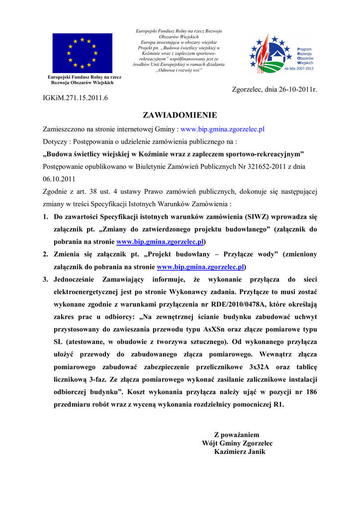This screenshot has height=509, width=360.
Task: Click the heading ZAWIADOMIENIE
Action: point(180,115)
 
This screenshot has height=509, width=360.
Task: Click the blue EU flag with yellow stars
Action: point(82,53)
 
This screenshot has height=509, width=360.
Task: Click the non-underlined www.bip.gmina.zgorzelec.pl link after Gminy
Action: point(222,129)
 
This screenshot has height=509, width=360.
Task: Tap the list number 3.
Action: point(45,279)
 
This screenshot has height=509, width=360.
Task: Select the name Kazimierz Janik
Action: point(240,452)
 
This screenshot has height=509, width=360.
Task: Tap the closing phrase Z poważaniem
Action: point(237,434)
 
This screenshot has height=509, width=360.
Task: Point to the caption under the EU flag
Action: point(85,80)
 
